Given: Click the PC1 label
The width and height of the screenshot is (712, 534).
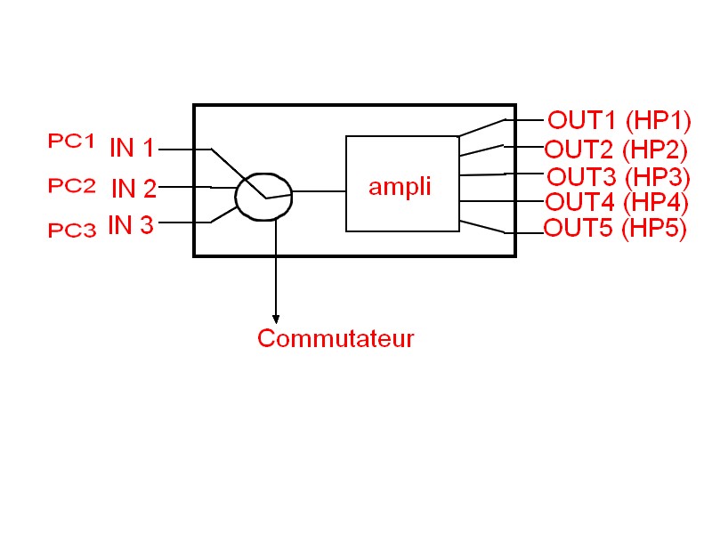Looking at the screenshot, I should [70, 141].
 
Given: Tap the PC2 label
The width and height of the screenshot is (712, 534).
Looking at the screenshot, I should [71, 186].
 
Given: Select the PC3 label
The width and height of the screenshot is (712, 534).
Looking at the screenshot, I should [71, 231].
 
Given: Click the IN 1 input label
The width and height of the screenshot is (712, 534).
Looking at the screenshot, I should [132, 149].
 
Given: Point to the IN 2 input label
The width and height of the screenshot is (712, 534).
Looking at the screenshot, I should [133, 189].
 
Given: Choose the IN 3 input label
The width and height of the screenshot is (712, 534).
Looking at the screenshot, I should [131, 226].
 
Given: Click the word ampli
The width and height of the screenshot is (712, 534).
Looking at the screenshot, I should [400, 187].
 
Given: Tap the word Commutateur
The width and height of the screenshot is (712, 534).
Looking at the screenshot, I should [336, 339].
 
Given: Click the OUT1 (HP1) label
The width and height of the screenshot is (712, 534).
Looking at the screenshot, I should [619, 120].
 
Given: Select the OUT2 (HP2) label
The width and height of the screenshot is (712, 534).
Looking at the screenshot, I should [616, 148].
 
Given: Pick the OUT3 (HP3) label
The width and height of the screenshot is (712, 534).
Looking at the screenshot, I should [618, 175].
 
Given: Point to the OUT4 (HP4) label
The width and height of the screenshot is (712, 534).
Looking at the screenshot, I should [617, 202].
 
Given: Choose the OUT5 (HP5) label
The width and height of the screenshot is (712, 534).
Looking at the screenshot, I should [615, 229].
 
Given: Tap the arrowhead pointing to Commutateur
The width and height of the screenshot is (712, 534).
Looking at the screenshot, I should [276, 319].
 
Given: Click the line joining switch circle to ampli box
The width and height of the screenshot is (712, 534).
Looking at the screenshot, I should [319, 191].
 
